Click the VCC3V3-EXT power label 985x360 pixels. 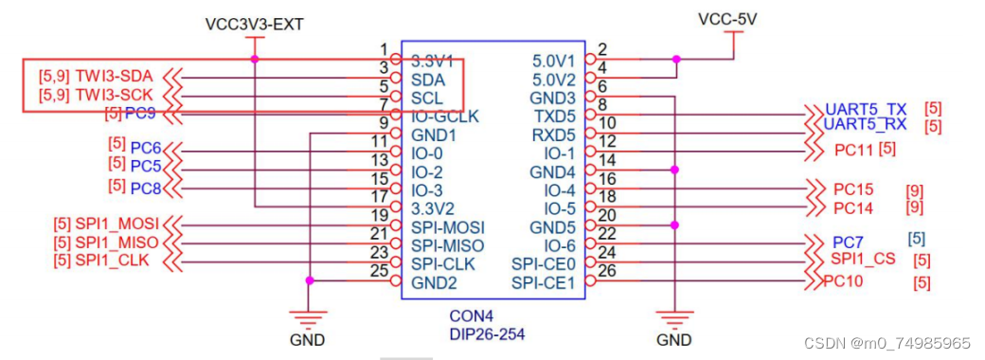tap(254, 23)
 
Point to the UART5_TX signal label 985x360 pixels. tap(866, 109)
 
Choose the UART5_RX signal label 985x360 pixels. tap(866, 125)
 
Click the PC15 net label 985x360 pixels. tap(854, 189)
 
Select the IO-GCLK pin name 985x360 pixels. tap(445, 117)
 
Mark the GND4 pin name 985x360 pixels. tap(553, 171)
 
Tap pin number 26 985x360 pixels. tap(607, 272)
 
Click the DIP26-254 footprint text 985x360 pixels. tap(487, 333)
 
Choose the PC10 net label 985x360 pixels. tap(845, 280)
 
